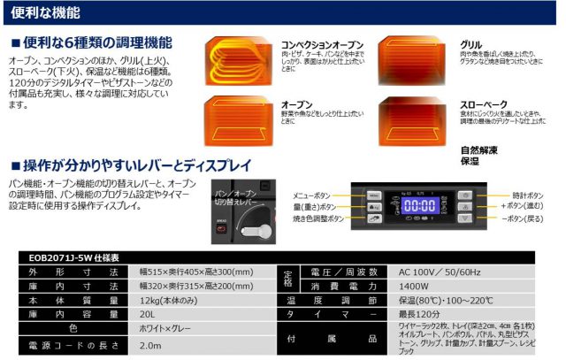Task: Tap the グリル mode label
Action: (471, 42)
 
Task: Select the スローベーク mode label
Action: (480, 103)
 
